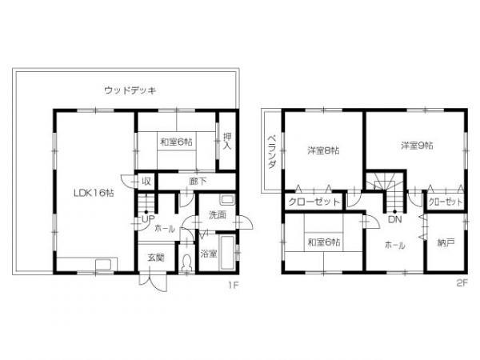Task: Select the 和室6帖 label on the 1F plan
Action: point(176,142)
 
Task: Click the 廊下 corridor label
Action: point(198,182)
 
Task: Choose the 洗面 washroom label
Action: point(217,215)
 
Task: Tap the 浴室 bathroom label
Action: point(208,254)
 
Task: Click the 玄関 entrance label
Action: point(155,257)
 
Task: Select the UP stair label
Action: point(147,218)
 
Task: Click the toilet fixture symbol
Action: point(187,262)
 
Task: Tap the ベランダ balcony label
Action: point(272,150)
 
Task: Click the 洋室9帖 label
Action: point(417,145)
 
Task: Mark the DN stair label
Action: point(394,218)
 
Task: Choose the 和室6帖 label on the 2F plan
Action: point(323,241)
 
